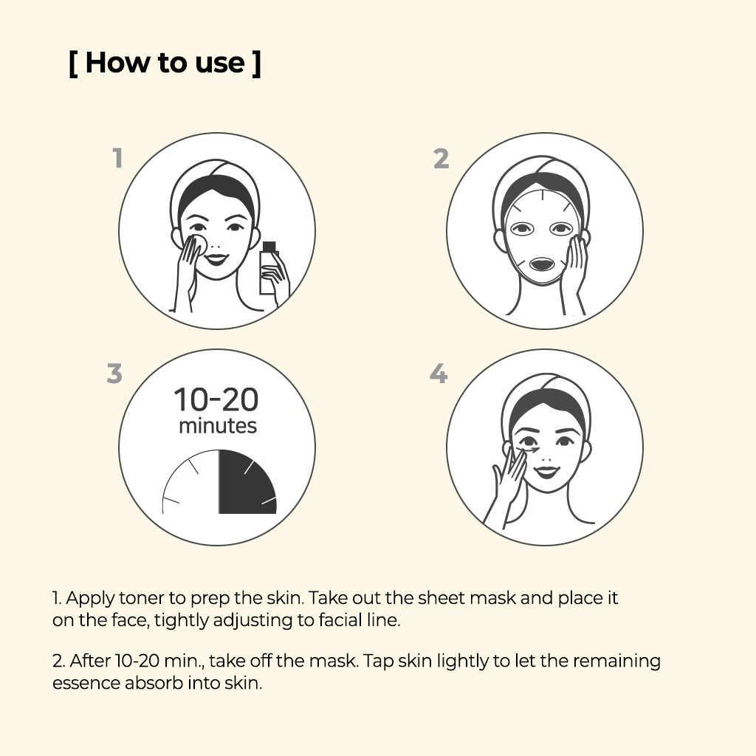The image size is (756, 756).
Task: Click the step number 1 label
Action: pos(118,158)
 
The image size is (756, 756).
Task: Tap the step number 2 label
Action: pos(441,159)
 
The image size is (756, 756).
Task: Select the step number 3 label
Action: pos(114,373)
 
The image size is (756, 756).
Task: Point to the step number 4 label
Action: pos(439,374)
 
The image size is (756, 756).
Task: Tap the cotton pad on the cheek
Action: pos(198,244)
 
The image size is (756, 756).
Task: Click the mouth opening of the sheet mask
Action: pos(542,264)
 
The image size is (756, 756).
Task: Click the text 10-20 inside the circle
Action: pos(216,399)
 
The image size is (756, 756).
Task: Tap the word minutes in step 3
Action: pos(218,426)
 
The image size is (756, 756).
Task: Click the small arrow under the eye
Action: pos(529,450)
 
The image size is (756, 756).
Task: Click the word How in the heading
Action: pos(117,63)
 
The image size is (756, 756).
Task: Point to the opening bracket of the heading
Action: pos(73,63)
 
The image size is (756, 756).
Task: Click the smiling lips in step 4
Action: pos(546,471)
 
